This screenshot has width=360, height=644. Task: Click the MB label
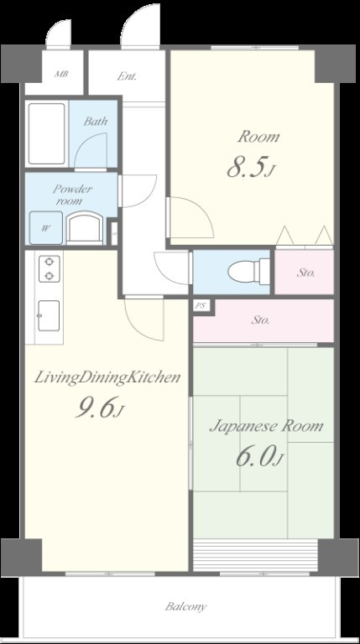coord(61,75)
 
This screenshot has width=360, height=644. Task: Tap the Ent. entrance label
coord(127,76)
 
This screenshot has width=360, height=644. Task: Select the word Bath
coord(96,121)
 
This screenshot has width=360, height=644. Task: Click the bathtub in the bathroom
coord(46,133)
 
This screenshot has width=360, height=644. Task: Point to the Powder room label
coord(72,195)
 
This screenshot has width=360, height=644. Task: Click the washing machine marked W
coord(46,228)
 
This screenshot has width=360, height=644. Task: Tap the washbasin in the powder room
coord(85,228)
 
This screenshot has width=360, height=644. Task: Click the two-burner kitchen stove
coord(50,268)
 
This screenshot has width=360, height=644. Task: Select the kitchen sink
coord(49,315)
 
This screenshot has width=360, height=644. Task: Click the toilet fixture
coord(248,272)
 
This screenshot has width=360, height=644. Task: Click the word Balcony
coord(185,606)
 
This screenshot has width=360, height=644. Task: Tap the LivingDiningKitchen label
coord(107,377)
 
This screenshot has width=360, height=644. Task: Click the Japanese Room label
coord(266,427)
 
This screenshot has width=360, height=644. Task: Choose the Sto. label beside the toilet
coord(305,273)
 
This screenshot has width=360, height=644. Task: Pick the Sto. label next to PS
coord(260,320)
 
